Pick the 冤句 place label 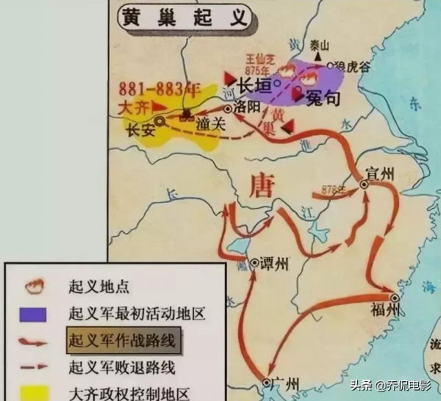tap(323, 95)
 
